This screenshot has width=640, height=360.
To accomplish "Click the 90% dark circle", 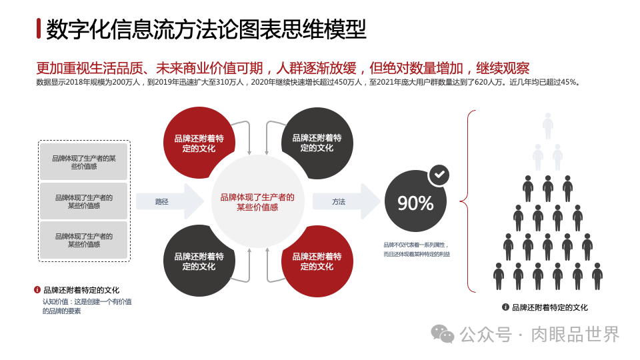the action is coord(415,203).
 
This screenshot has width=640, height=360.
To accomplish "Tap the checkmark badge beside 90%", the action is coord(439,175).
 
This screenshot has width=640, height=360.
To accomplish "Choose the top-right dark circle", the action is coord(317,143).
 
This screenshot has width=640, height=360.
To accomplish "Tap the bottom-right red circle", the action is coord(317,261).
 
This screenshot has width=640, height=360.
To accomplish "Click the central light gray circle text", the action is coord(257,202).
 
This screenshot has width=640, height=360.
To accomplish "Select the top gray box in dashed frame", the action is coord(84,162).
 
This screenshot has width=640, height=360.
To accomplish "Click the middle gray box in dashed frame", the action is coord(84,201).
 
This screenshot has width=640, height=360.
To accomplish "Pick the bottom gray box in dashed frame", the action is coord(84,240).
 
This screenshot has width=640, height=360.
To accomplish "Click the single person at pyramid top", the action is coord(548,125).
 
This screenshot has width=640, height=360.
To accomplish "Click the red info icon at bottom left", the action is coord(37,290).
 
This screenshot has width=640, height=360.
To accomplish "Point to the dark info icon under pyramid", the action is coord(505,307).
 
